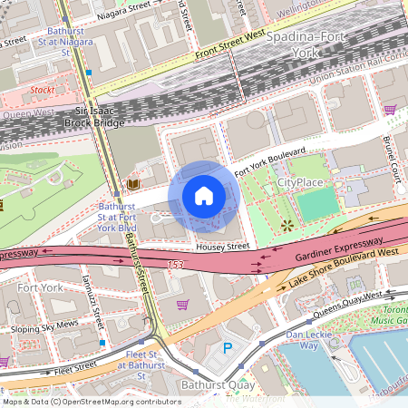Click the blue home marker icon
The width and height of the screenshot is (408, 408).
(204, 196)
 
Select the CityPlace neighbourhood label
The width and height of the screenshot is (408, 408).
(299, 182)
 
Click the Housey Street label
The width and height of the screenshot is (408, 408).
(222, 246)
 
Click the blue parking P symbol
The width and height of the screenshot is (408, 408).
(228, 347)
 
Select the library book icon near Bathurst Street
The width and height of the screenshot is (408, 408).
(134, 184)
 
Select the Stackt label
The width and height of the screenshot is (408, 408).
(42, 91)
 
